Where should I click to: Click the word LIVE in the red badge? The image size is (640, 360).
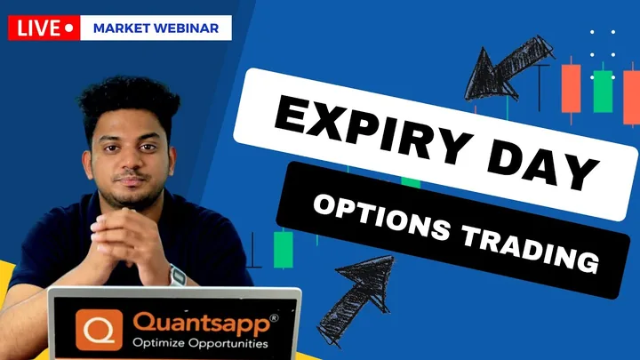coord(38,28)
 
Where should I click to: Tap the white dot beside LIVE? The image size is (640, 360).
coord(69,28)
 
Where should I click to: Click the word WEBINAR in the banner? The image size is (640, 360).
coord(187,28)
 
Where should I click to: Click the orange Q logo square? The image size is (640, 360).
coord(100,330)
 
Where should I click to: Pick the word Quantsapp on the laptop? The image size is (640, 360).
coord(202,324)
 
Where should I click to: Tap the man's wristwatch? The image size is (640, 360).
coord(177,276)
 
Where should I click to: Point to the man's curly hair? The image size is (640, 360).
coord(129,102)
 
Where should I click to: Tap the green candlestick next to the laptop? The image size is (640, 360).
coord(283,249)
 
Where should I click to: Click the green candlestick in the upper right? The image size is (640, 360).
coord(603,91)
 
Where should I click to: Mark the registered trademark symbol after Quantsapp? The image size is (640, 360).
coord(274,318)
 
